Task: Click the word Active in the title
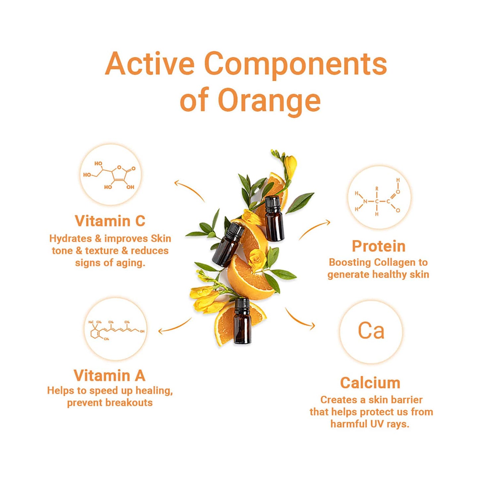tap(150, 64)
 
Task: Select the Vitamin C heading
tap(110, 221)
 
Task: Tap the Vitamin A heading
tap(110, 376)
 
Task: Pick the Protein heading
tap(379, 246)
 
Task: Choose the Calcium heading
tap(370, 383)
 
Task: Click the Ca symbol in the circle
tap(371, 331)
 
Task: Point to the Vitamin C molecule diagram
tap(110, 175)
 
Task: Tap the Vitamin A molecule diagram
tap(116, 330)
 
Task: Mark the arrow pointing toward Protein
tap(315, 229)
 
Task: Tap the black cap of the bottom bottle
tap(242, 304)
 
